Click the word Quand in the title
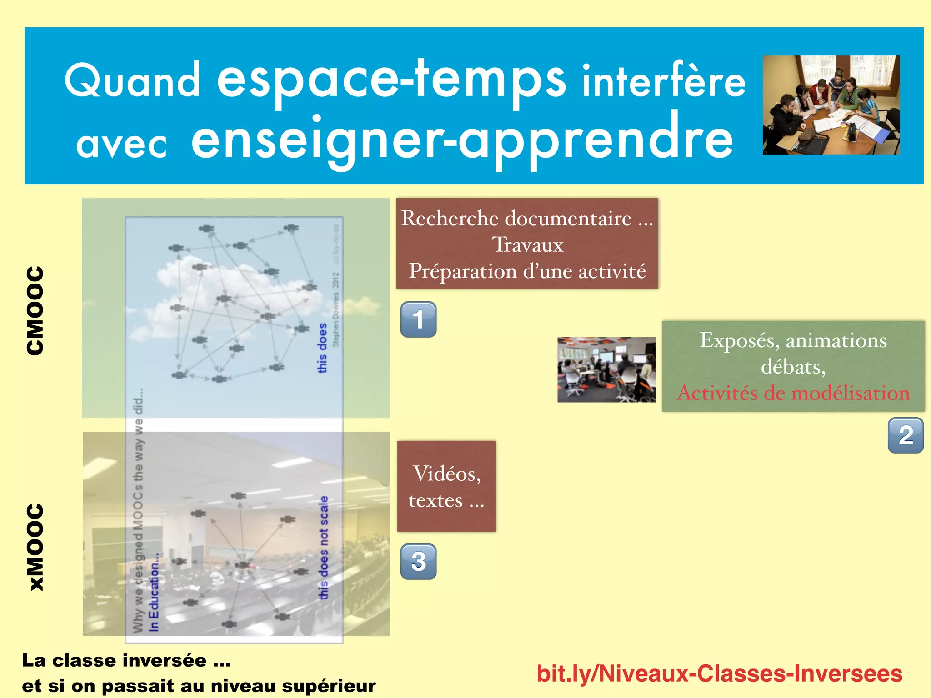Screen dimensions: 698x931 132,80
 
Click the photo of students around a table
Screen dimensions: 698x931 831,105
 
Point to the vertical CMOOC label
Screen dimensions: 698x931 35,310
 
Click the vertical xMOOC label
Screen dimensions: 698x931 35,547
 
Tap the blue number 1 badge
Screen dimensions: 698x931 418,319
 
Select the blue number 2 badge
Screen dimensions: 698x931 906,435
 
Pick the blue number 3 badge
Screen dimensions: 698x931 418,562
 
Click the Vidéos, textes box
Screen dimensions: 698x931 446,486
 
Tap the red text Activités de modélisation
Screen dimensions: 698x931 793,393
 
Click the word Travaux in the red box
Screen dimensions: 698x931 527,245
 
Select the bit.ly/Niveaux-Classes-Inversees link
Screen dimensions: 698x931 719,673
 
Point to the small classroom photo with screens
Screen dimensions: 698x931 606,369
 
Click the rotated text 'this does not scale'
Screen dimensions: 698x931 323,548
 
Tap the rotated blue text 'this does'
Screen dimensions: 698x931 322,348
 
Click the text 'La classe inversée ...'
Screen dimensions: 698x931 126,660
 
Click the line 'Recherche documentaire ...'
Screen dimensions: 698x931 527,219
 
